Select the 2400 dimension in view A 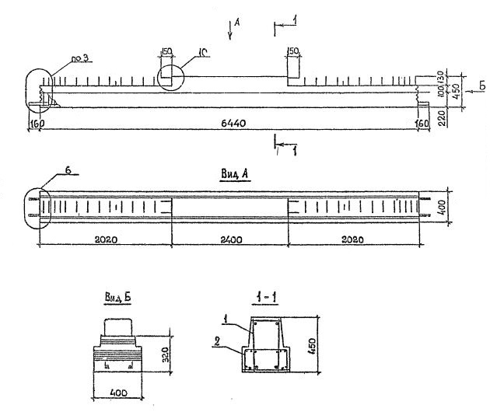click(x=231, y=239)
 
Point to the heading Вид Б click(x=117, y=297)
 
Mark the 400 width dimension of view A click(x=453, y=206)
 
